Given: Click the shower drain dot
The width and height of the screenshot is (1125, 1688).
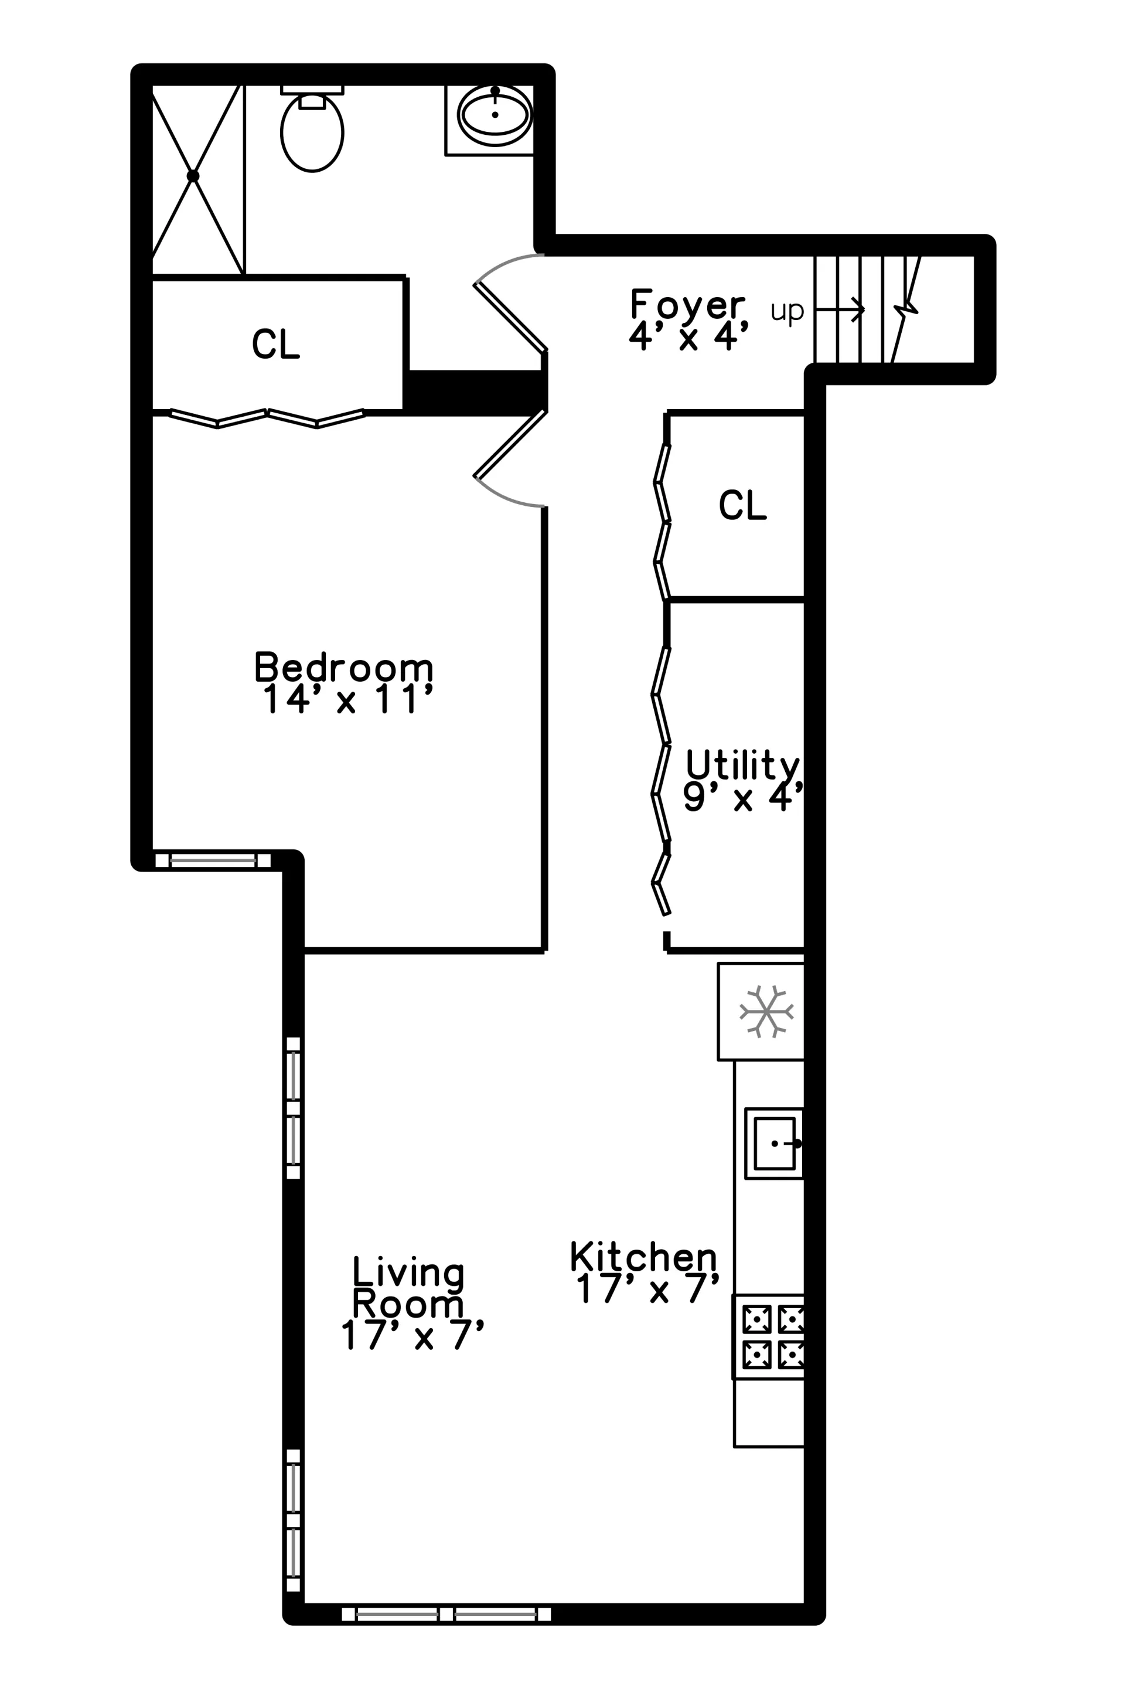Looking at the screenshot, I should (192, 176).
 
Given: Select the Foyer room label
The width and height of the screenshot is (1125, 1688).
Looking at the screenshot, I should (687, 304).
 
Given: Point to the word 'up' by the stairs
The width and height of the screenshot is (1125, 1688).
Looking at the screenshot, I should (786, 311).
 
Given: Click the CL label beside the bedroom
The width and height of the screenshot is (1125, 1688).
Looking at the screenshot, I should (275, 344).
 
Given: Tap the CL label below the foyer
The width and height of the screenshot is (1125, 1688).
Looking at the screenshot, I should (742, 505).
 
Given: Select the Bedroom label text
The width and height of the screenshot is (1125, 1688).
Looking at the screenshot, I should (344, 667).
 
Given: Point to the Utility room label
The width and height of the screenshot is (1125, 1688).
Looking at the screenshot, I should (742, 764).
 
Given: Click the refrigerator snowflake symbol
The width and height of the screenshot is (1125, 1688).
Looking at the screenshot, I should (766, 1011).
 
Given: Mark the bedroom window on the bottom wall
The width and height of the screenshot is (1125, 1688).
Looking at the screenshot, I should (213, 860).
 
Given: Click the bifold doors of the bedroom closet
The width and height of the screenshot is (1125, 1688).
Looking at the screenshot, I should (267, 418).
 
